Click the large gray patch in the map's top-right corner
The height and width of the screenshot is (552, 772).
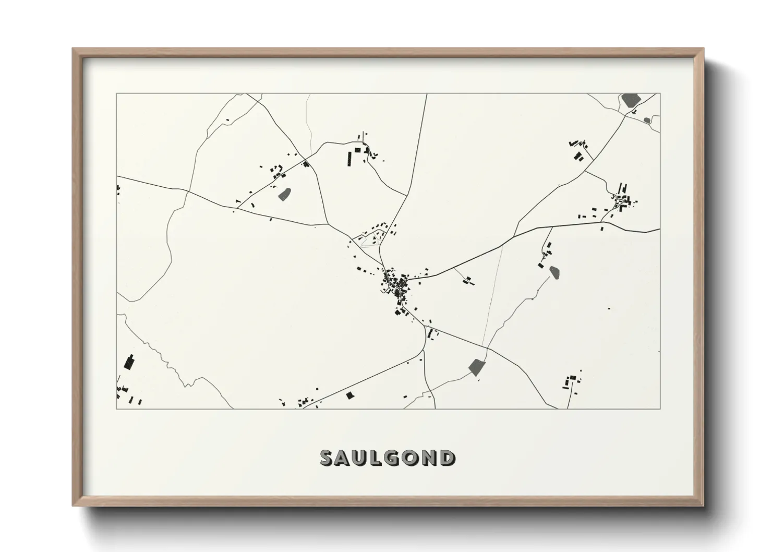pyautogui.click(x=630, y=100)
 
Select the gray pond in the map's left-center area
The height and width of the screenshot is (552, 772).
pyautogui.click(x=284, y=194)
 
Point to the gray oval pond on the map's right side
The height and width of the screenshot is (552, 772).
pyautogui.click(x=554, y=271)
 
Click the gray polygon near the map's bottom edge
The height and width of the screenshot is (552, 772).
pyautogui.click(x=477, y=366)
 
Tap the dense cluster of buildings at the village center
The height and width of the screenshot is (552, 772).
pyautogui.click(x=396, y=284)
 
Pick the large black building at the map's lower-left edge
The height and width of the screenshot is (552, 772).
pyautogui.click(x=129, y=362)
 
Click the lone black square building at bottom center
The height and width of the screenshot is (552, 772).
pyautogui.click(x=349, y=395)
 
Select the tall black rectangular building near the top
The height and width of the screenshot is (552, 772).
pyautogui.click(x=349, y=158)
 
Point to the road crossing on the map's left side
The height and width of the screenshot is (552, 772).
pyautogui.click(x=188, y=191)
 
